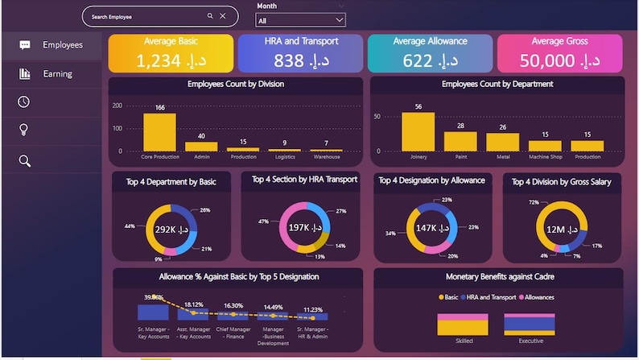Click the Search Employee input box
click(x=145, y=16)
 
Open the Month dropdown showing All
click(x=301, y=19)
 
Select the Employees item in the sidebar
click(x=62, y=45)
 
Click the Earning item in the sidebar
click(x=57, y=73)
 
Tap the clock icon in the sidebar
click(x=25, y=101)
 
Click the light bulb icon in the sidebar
click(x=25, y=130)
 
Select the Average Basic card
click(x=171, y=53)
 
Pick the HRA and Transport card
click(x=300, y=53)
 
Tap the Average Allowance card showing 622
click(x=430, y=53)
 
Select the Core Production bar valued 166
click(x=159, y=132)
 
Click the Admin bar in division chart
click(x=201, y=147)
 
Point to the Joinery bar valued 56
click(x=418, y=132)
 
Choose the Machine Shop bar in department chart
click(x=545, y=147)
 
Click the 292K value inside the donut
click(x=170, y=229)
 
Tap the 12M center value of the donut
click(x=562, y=230)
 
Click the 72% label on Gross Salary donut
click(x=534, y=202)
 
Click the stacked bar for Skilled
click(x=463, y=325)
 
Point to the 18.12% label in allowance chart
click(x=193, y=304)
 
